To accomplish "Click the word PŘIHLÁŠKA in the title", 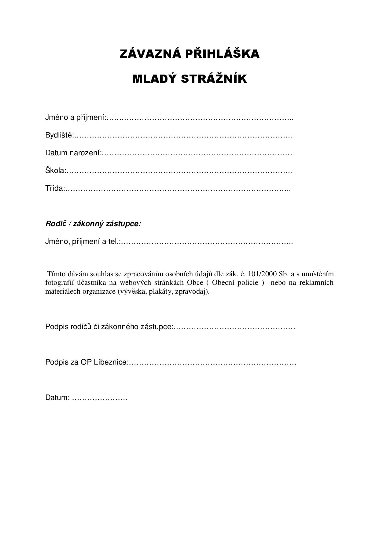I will pyautogui.click(x=222, y=54).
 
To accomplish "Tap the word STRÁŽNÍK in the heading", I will pyautogui.click(x=214, y=79).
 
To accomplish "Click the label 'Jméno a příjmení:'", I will pyautogui.click(x=75, y=117).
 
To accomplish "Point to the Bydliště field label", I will pyautogui.click(x=60, y=135).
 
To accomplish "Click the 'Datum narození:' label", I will pyautogui.click(x=73, y=153).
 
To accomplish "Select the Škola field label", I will pyautogui.click(x=56, y=171).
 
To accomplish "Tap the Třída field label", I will pyautogui.click(x=55, y=188).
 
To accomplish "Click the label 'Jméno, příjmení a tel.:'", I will pyautogui.click(x=83, y=242).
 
